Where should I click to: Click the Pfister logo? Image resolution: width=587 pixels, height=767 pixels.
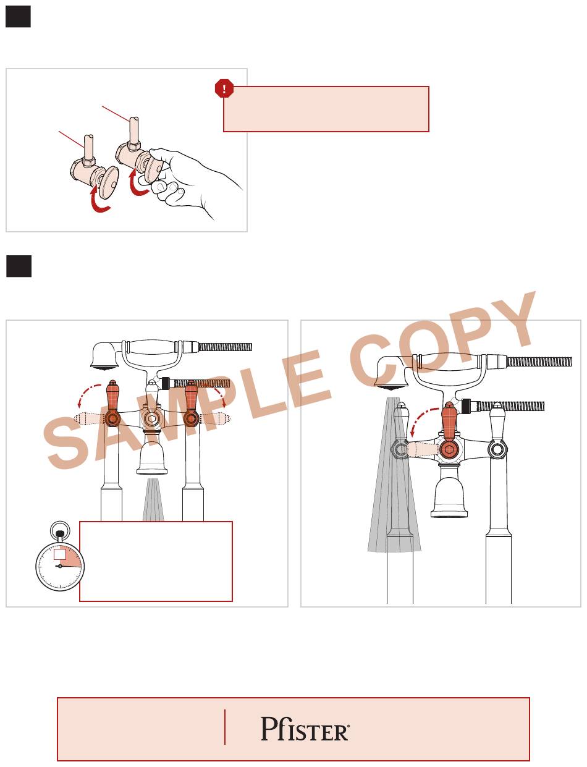point(305,728)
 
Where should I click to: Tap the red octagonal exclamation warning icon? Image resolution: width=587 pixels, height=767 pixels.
point(224,88)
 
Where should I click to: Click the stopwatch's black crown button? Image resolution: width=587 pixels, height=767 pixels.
point(60,534)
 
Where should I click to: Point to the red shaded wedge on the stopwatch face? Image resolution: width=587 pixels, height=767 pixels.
point(71,557)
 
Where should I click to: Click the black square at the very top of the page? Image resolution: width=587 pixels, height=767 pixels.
point(18,17)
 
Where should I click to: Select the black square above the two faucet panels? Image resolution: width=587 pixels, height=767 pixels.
point(19,266)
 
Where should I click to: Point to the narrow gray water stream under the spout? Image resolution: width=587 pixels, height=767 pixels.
point(153,499)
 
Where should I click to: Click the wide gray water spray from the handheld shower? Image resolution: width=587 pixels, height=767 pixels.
point(394,475)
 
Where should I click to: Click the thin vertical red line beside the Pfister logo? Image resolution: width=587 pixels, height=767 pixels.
point(225,727)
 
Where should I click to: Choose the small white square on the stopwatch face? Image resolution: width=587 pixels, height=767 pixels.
point(59,554)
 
